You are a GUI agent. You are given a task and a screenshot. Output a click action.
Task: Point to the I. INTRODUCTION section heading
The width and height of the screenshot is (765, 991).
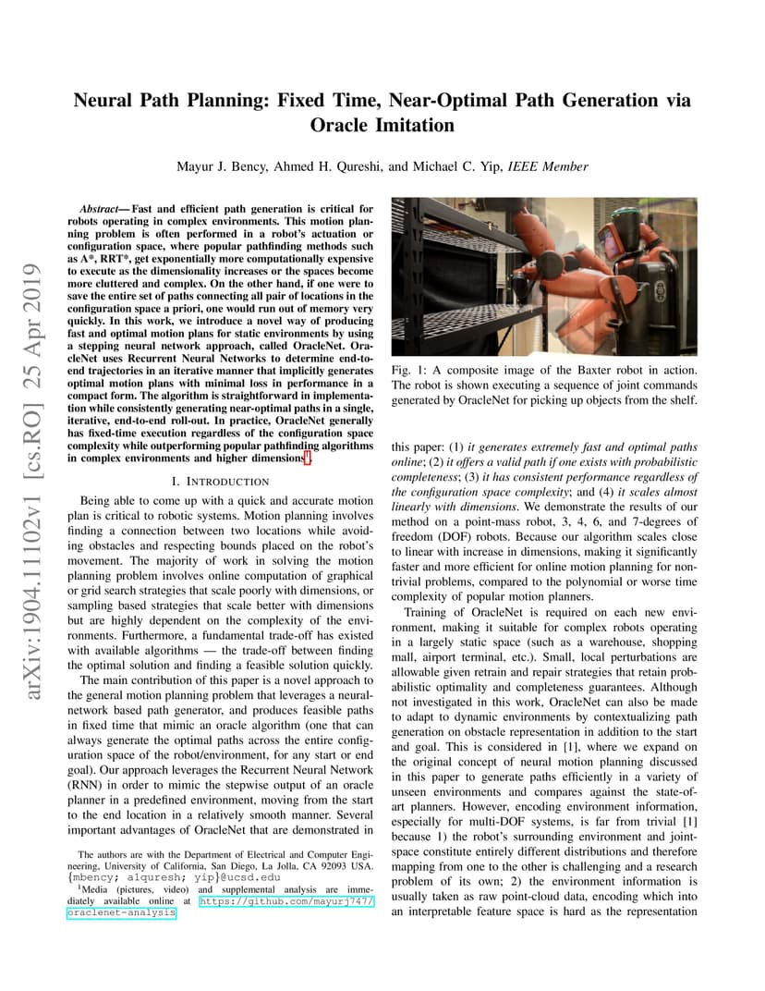click(x=221, y=482)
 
